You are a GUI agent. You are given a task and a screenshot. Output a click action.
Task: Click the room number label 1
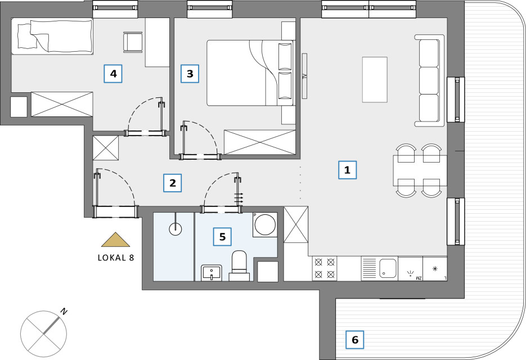click(347, 170)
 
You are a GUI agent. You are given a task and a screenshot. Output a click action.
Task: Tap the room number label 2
click(172, 183)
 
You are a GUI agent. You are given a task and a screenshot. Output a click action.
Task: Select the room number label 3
click(190, 74)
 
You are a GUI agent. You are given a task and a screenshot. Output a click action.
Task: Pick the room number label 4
click(113, 74)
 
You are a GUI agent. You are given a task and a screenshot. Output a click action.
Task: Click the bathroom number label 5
click(222, 237)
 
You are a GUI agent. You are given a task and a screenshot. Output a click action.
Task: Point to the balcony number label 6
click(355, 340)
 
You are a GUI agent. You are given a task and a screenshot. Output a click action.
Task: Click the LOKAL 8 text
click(116, 258)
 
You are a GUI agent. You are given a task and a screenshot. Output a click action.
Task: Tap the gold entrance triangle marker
click(116, 240)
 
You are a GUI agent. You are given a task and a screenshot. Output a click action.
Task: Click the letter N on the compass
click(64, 312)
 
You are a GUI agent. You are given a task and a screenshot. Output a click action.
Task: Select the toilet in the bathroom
click(239, 265)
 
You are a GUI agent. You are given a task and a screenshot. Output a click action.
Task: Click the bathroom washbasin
click(212, 273)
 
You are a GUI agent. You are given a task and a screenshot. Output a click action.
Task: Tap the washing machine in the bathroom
click(265, 225)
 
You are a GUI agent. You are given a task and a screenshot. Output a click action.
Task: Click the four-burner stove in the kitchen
click(325, 269)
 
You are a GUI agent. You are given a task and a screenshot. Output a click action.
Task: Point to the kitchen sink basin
click(388, 268)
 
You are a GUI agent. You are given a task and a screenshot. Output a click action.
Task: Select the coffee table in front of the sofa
click(375, 79)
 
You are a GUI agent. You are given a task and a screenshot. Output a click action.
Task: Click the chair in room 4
click(133, 42)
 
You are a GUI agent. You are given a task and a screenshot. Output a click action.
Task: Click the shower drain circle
click(175, 229)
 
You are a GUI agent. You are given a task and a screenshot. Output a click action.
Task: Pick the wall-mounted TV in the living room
click(304, 76)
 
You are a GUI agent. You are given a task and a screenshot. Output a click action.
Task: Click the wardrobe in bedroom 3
click(260, 142)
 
